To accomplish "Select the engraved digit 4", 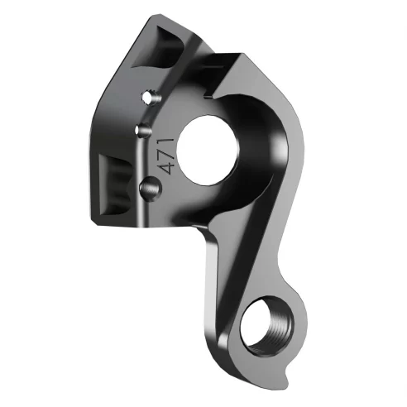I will tap(169, 165).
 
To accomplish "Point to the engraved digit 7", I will tap(168, 151).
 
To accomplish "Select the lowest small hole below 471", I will tap(150, 189).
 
